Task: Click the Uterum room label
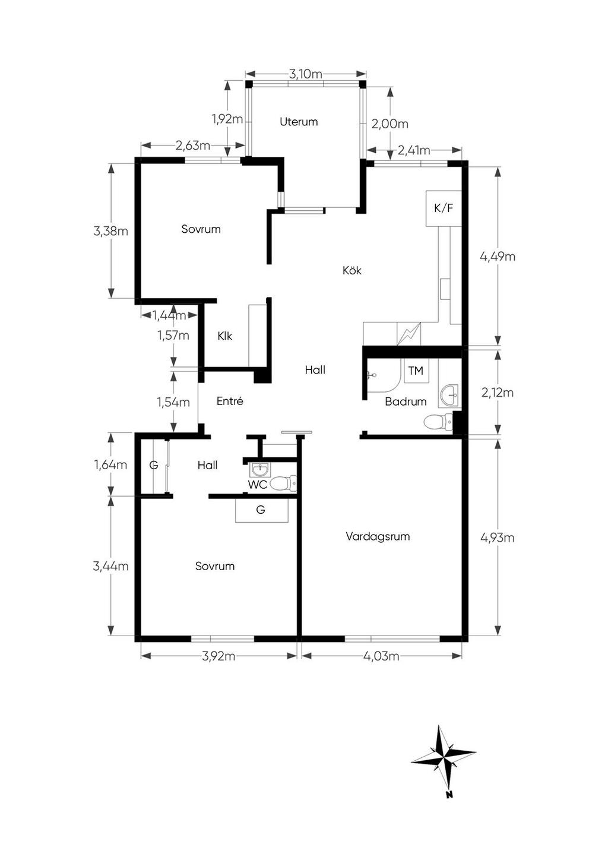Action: coord(299,122)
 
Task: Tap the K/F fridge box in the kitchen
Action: coord(444,208)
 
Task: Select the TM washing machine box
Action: coord(416,371)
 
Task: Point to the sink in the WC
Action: coord(260,469)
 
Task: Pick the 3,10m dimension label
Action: coord(306,74)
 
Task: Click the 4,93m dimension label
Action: coord(498,538)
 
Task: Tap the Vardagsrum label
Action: coord(378,536)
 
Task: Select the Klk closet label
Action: coord(225,336)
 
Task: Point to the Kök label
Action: coord(352,271)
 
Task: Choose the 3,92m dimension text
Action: coord(218,656)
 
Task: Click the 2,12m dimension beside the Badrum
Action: coord(498,393)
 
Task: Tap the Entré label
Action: coord(230,401)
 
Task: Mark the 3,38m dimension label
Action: coord(111,232)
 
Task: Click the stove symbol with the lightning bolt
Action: coord(408,334)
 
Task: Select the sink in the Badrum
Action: coord(449,396)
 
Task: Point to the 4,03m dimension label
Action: coord(381,656)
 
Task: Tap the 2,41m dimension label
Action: coord(414,150)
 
